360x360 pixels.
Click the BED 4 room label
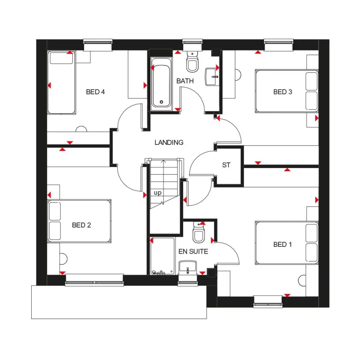pos(95,92)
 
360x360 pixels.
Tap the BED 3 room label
pos(282,92)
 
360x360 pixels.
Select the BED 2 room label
pos(81,225)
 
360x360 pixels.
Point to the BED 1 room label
pos(282,244)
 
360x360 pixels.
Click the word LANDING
pos(169,142)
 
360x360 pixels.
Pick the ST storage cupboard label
pos(226,165)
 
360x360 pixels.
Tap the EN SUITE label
pos(193,252)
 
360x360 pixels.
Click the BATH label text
pos(185,81)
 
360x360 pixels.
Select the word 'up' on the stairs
pos(158,193)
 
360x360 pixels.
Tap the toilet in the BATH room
pos(192,62)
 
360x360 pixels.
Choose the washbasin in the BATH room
pos(212,76)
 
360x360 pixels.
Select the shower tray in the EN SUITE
pos(163,256)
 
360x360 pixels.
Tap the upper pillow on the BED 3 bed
pos(312,81)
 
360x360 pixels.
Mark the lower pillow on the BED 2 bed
pos(54,232)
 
